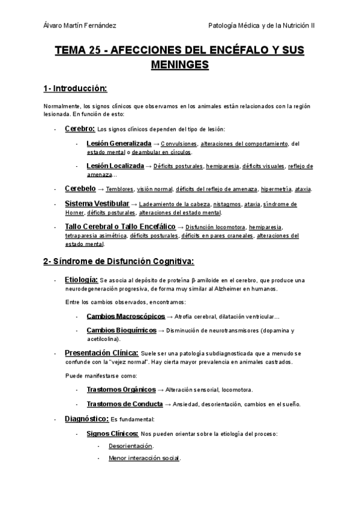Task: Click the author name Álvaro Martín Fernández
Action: pos(80,25)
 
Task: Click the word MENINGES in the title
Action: pos(179,63)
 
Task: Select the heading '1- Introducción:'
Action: pos(75,89)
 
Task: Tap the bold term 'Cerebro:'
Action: pos(80,128)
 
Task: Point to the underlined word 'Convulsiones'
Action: pos(179,144)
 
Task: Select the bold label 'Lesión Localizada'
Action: pos(115,166)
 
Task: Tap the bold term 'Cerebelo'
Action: pos(80,188)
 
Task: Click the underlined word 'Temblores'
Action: pos(122,189)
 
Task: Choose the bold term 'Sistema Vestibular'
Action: pos(97,203)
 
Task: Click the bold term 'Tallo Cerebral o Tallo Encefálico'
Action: pos(120,226)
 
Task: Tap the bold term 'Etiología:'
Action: pos(81,280)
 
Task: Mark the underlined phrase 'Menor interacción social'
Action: pos(144,458)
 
